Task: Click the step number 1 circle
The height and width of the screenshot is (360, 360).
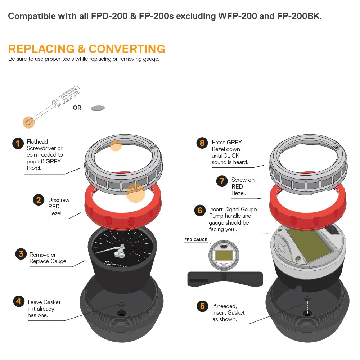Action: (x=18, y=144)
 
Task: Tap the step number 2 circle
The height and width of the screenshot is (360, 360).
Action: (x=39, y=200)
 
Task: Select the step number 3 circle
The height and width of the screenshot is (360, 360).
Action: (x=21, y=254)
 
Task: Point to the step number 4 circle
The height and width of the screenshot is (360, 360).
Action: (x=19, y=301)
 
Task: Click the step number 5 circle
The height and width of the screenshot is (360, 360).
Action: (x=202, y=306)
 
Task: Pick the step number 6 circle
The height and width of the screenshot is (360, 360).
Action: (x=200, y=210)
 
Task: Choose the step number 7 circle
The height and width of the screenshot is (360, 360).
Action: (x=222, y=181)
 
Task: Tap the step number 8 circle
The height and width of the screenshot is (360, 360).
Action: (x=202, y=143)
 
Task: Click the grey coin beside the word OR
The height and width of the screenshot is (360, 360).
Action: (x=98, y=108)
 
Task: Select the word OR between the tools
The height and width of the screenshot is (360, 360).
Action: (x=77, y=108)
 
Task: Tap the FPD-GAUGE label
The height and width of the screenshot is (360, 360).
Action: (x=195, y=240)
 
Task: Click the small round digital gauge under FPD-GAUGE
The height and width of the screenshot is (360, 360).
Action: (x=224, y=255)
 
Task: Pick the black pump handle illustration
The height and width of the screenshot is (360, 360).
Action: (x=225, y=279)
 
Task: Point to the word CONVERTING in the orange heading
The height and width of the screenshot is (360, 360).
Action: (x=127, y=49)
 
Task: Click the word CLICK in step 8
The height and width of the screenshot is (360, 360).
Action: (x=231, y=156)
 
